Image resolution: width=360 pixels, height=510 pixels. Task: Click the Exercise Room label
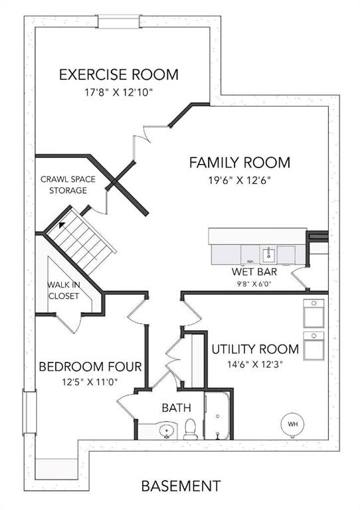(x=119, y=74)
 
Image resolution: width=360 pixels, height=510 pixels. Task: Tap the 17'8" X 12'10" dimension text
(x=119, y=93)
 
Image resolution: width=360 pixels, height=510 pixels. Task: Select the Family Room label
(x=240, y=163)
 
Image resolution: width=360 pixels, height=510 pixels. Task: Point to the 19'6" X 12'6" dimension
(x=240, y=180)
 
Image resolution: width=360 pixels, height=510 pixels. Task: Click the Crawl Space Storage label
(x=68, y=185)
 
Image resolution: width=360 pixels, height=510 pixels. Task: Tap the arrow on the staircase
(x=62, y=224)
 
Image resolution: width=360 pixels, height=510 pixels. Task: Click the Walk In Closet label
(x=64, y=290)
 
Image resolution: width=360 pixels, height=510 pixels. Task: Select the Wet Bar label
(x=254, y=271)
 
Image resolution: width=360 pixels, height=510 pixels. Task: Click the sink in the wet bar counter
(x=268, y=254)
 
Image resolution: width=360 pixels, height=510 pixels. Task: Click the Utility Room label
(x=255, y=349)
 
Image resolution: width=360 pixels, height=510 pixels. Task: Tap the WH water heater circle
(x=292, y=424)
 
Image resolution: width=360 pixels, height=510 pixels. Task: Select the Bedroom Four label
(x=90, y=367)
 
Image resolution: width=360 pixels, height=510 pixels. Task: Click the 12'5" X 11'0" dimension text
(x=90, y=382)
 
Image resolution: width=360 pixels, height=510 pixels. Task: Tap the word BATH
(x=176, y=408)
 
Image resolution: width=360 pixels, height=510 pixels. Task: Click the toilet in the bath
(x=190, y=430)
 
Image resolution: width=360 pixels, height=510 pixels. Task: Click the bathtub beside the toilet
(x=217, y=416)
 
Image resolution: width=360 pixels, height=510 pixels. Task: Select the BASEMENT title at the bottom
(x=181, y=486)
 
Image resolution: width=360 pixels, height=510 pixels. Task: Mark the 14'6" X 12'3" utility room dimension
(x=254, y=365)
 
